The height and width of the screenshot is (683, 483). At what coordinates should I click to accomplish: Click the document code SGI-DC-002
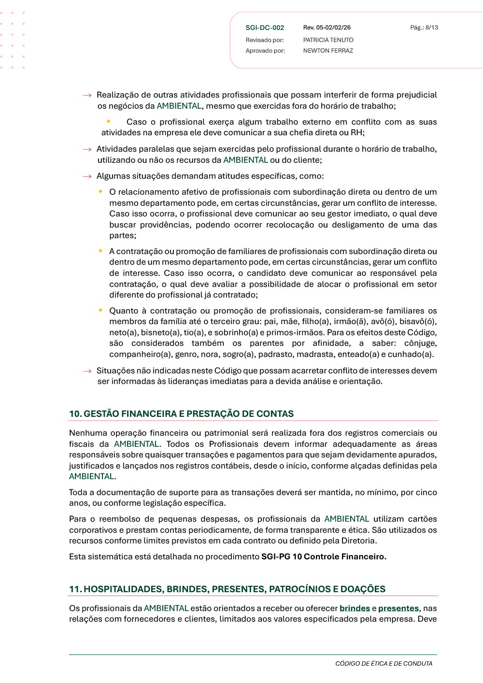[265, 28]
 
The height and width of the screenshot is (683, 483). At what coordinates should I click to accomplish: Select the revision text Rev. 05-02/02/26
[327, 28]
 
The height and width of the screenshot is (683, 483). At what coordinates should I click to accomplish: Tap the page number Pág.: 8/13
[424, 28]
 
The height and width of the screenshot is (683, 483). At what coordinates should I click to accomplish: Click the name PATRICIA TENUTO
[328, 40]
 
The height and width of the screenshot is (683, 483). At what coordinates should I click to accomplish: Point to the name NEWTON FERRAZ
[328, 51]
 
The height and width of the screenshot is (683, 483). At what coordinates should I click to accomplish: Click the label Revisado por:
[265, 40]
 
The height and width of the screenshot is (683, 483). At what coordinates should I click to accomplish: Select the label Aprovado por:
[265, 51]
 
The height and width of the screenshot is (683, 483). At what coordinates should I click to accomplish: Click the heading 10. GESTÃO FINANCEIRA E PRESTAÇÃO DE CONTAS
[181, 414]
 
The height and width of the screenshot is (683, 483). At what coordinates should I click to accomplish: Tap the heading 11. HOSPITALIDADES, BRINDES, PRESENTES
[227, 589]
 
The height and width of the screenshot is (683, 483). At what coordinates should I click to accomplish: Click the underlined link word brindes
[355, 609]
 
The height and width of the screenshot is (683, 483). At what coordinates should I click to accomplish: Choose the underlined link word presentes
[398, 609]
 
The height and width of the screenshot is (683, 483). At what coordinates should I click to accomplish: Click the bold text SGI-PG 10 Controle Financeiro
[324, 557]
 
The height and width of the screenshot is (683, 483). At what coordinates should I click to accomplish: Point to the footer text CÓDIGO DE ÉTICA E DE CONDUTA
[384, 664]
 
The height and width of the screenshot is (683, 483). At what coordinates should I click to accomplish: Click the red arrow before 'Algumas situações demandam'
[87, 177]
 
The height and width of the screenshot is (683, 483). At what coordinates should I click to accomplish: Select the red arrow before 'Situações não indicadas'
[87, 371]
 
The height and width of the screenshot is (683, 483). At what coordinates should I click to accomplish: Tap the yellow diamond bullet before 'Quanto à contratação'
[100, 310]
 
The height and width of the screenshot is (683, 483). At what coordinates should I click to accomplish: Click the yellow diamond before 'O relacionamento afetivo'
[100, 191]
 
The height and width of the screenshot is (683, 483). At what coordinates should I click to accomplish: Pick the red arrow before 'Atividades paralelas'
[87, 150]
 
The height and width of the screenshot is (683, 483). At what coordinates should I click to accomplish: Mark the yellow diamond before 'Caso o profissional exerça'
[109, 121]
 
